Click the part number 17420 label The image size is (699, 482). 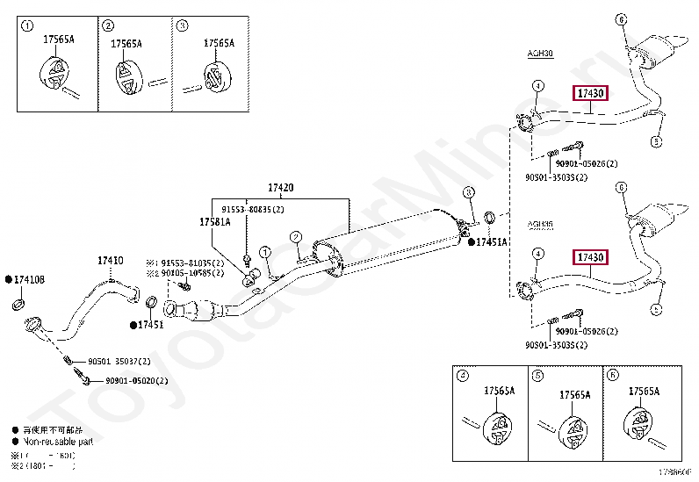(280, 188)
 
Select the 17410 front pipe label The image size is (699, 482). (111, 261)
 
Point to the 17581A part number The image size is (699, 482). (214, 222)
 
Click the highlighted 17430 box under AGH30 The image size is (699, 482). (590, 93)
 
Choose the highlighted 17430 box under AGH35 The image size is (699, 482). (590, 256)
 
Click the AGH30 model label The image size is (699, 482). (540, 54)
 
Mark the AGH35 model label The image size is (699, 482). (540, 224)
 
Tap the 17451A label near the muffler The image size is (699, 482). (492, 241)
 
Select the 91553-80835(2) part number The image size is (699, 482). (252, 210)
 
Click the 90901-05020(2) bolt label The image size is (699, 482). (136, 381)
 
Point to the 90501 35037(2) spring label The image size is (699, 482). (119, 362)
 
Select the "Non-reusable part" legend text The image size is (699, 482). (52, 442)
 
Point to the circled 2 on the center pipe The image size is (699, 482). (296, 236)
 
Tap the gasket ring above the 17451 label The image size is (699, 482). (151, 304)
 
